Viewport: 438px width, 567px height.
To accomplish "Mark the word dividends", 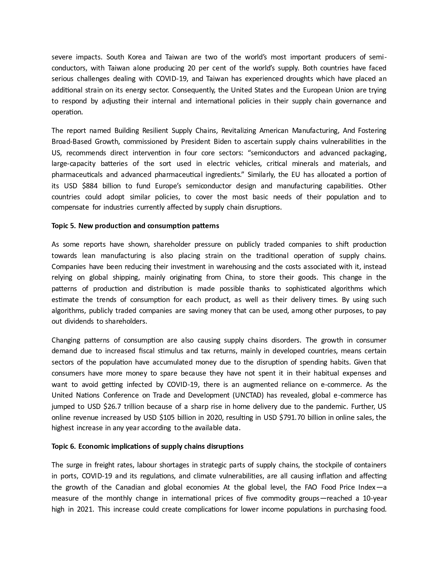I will coord(80,321).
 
